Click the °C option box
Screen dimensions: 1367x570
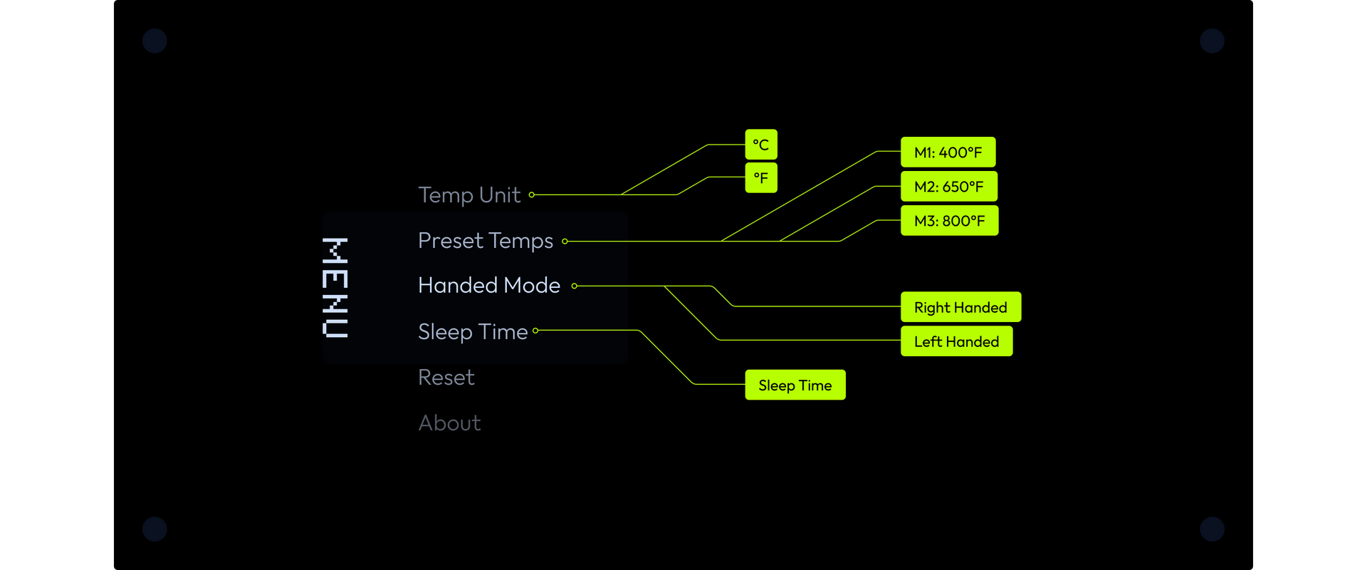pyautogui.click(x=761, y=145)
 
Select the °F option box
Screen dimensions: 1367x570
pyautogui.click(x=761, y=177)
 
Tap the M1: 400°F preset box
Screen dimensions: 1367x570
pyautogui.click(x=948, y=152)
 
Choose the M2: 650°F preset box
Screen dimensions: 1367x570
pyautogui.click(x=949, y=186)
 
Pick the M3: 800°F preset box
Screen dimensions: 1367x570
pyautogui.click(x=949, y=220)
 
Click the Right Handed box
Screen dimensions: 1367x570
pyautogui.click(x=960, y=307)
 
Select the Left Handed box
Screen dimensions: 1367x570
pyautogui.click(x=956, y=341)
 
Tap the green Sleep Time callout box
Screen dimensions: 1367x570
pyautogui.click(x=795, y=385)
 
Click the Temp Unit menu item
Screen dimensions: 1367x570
pyautogui.click(x=469, y=195)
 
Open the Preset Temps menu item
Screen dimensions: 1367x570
pyautogui.click(x=486, y=242)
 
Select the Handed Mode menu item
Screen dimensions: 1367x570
pyautogui.click(x=489, y=286)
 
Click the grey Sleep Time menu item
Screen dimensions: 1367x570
pyautogui.click(x=473, y=332)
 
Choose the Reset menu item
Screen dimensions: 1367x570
pyautogui.click(x=446, y=378)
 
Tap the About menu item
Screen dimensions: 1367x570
pyautogui.click(x=449, y=423)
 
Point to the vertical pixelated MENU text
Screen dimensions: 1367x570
pyautogui.click(x=335, y=287)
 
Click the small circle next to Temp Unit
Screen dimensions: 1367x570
pyautogui.click(x=532, y=195)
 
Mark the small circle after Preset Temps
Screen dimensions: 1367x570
pyautogui.click(x=565, y=242)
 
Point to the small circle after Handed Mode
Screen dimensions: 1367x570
pyautogui.click(x=575, y=286)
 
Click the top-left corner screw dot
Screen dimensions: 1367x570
pyautogui.click(x=154, y=41)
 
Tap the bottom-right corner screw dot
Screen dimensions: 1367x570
pyautogui.click(x=1212, y=529)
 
